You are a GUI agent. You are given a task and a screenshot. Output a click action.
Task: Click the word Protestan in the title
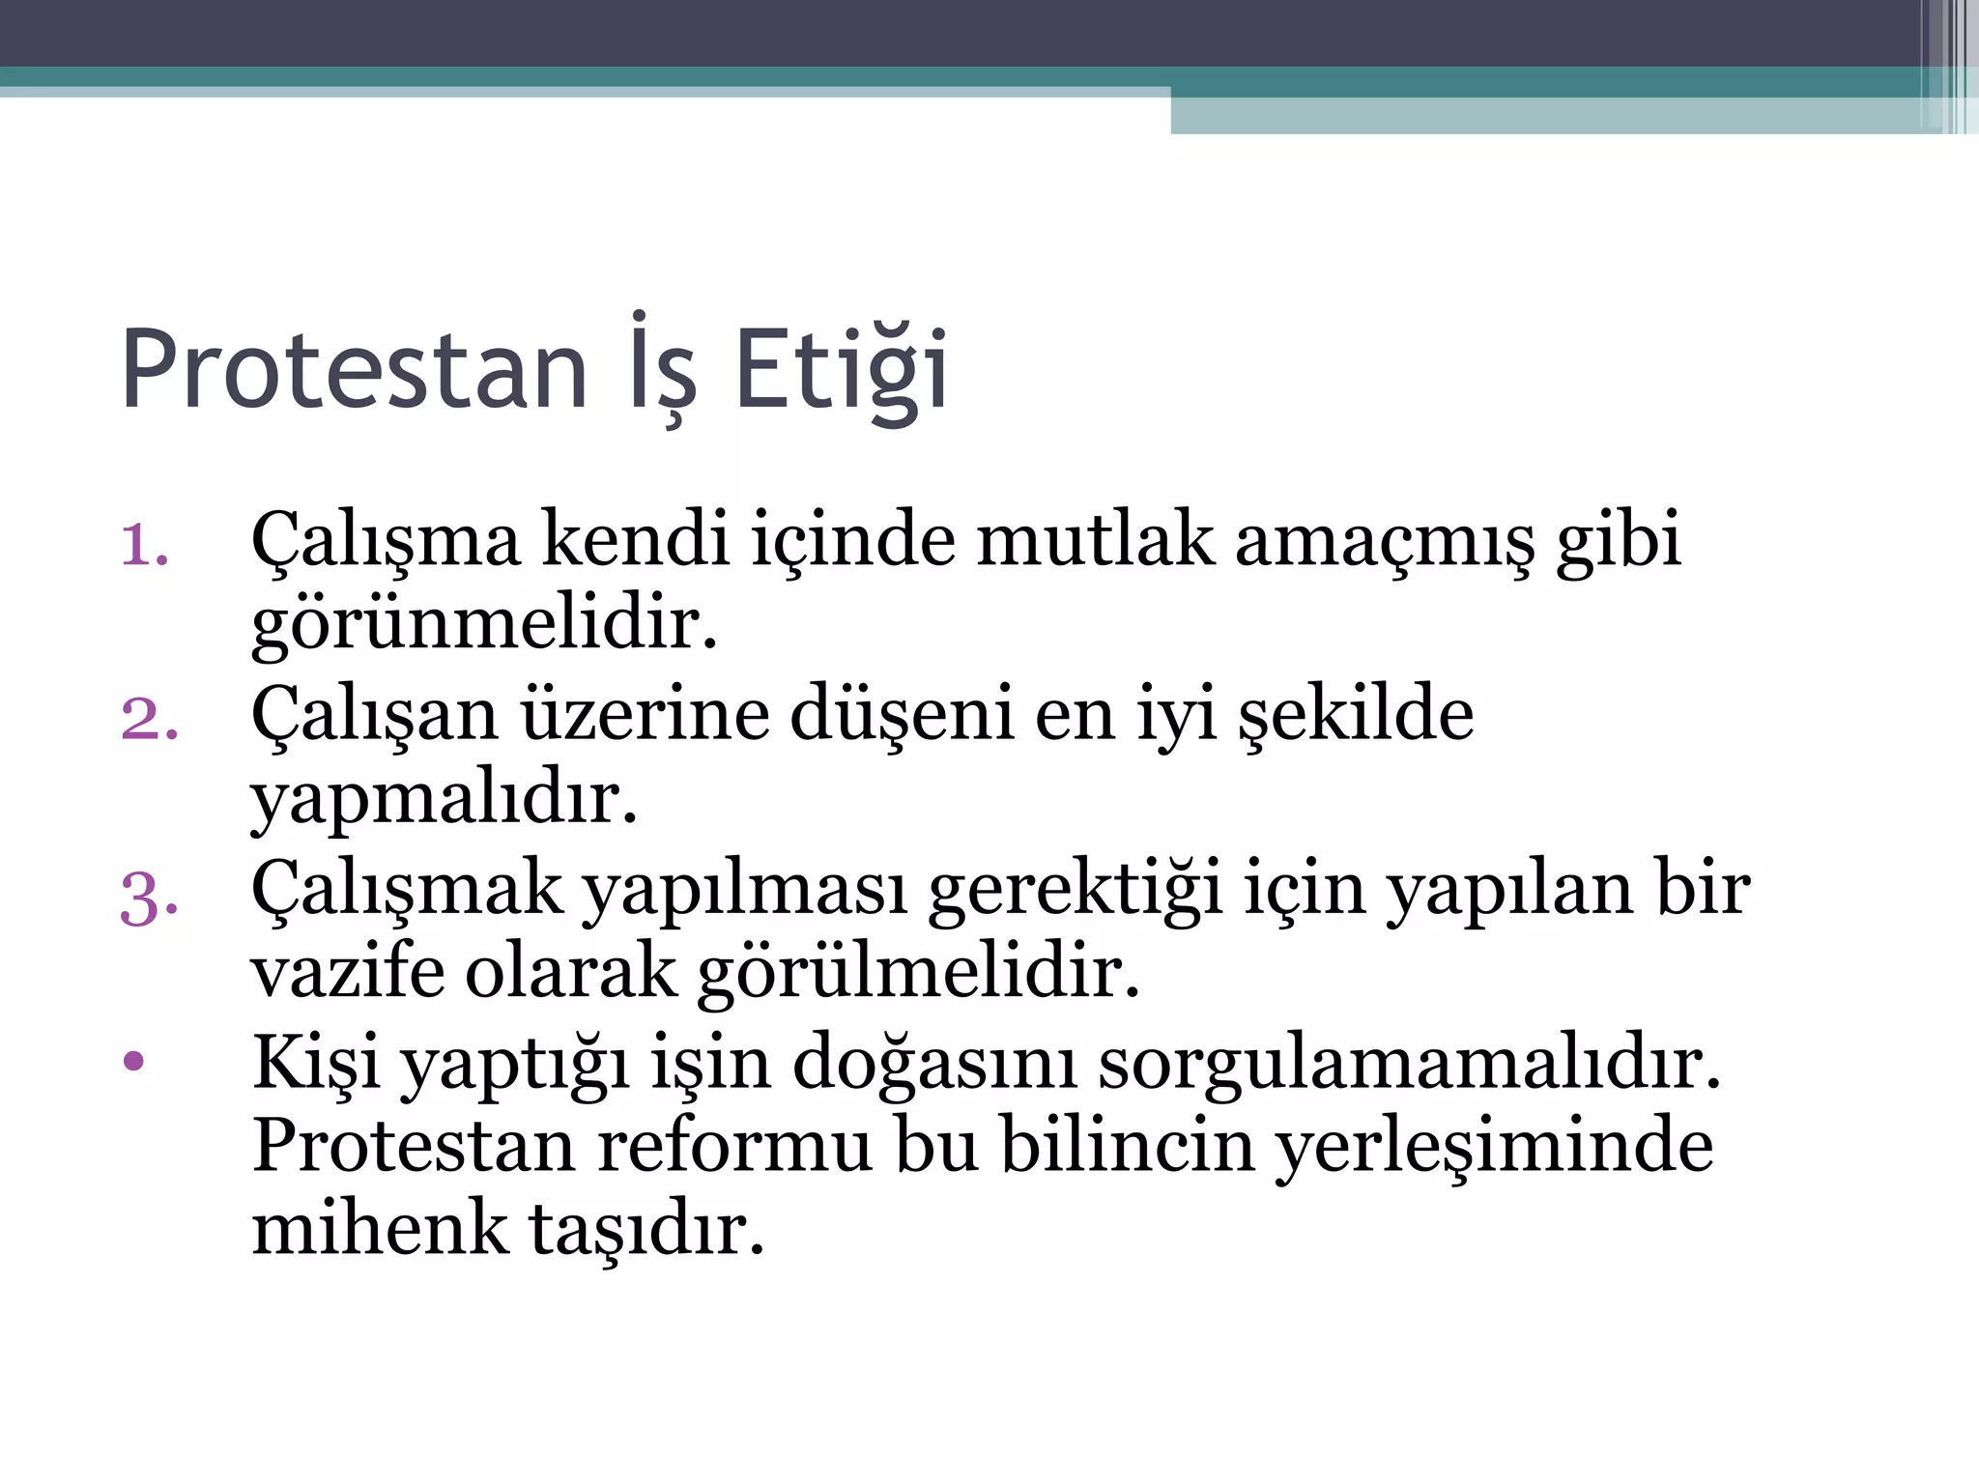355,371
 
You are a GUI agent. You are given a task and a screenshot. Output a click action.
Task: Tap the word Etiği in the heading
841,371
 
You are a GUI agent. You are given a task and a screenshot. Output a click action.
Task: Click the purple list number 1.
144,545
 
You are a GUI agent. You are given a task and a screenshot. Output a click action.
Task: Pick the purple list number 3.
149,899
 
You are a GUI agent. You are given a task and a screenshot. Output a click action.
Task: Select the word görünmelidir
484,624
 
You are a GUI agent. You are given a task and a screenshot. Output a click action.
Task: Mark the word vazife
347,972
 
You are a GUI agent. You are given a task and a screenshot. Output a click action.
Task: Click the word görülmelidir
918,972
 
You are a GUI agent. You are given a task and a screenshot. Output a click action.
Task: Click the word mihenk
380,1229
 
